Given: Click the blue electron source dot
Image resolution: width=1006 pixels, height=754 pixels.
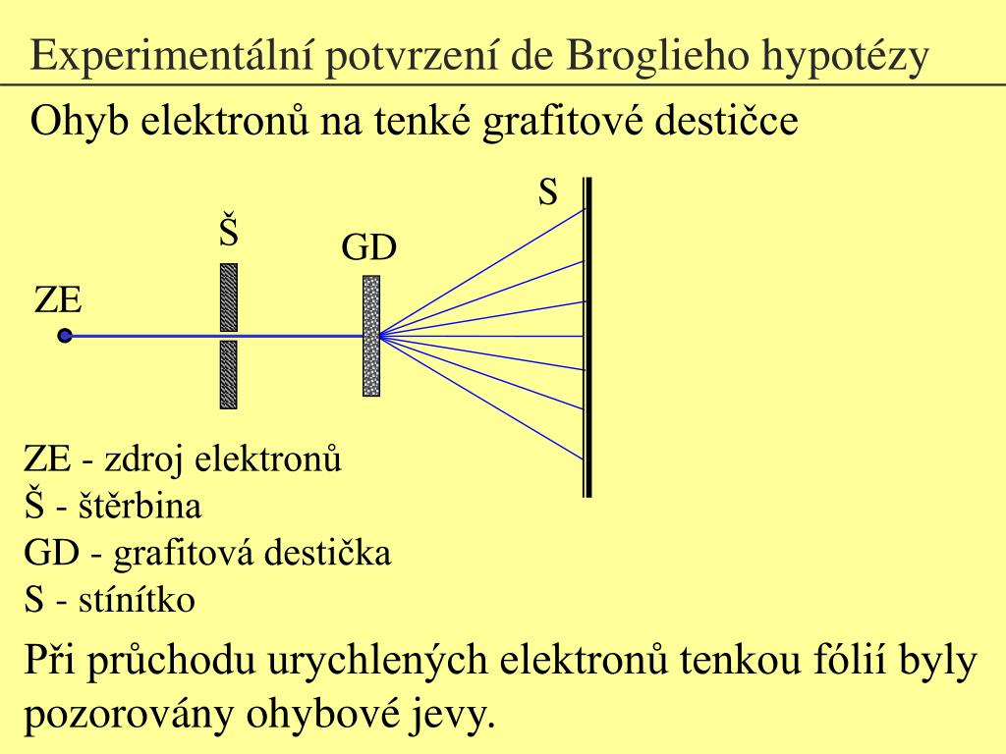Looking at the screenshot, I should click(65, 336).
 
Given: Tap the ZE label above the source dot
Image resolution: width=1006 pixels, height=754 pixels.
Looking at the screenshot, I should click(58, 299).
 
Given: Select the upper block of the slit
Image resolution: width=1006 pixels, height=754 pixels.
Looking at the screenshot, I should click(229, 296).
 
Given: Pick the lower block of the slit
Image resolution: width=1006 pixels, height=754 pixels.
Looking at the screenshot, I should click(229, 374).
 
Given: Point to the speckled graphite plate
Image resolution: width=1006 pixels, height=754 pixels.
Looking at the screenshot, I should click(371, 336).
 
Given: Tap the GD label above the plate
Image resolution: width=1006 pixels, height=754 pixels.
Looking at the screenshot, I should click(368, 248).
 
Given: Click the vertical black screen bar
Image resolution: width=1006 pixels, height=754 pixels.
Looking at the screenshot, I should click(587, 337).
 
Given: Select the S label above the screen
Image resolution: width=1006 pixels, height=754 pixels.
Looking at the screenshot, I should click(547, 193).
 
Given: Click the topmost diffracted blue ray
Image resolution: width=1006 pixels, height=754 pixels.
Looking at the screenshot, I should click(491, 266).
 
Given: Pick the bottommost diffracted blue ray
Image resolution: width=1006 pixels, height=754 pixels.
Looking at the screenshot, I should click(491, 403).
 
